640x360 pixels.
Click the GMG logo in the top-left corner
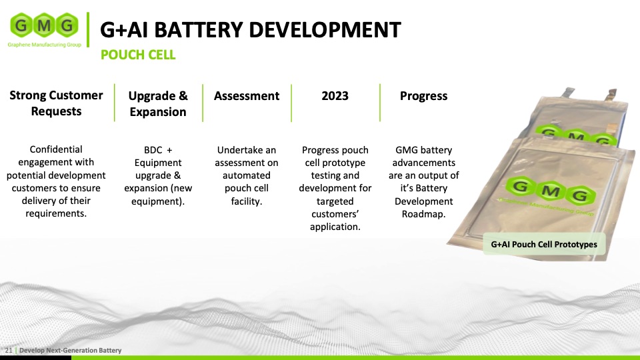pyautogui.click(x=43, y=26)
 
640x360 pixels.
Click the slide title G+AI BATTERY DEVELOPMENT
pyautogui.click(x=250, y=29)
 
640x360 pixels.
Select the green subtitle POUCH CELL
pyautogui.click(x=138, y=55)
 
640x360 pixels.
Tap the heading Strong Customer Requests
pyautogui.click(x=56, y=103)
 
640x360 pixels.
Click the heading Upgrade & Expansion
pyautogui.click(x=158, y=104)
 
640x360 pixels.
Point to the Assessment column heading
pyautogui.click(x=247, y=96)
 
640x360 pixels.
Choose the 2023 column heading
pyautogui.click(x=335, y=96)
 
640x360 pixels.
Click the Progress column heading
pyautogui.click(x=423, y=96)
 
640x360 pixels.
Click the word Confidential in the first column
pyautogui.click(x=56, y=149)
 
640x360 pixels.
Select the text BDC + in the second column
pyautogui.click(x=158, y=149)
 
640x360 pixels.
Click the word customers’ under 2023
pyautogui.click(x=335, y=214)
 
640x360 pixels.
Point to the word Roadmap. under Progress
pyautogui.click(x=423, y=214)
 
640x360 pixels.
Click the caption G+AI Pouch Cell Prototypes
pyautogui.click(x=544, y=245)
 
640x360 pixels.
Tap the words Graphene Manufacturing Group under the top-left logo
pyautogui.click(x=43, y=45)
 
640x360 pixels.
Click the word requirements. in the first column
pyautogui.click(x=56, y=214)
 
